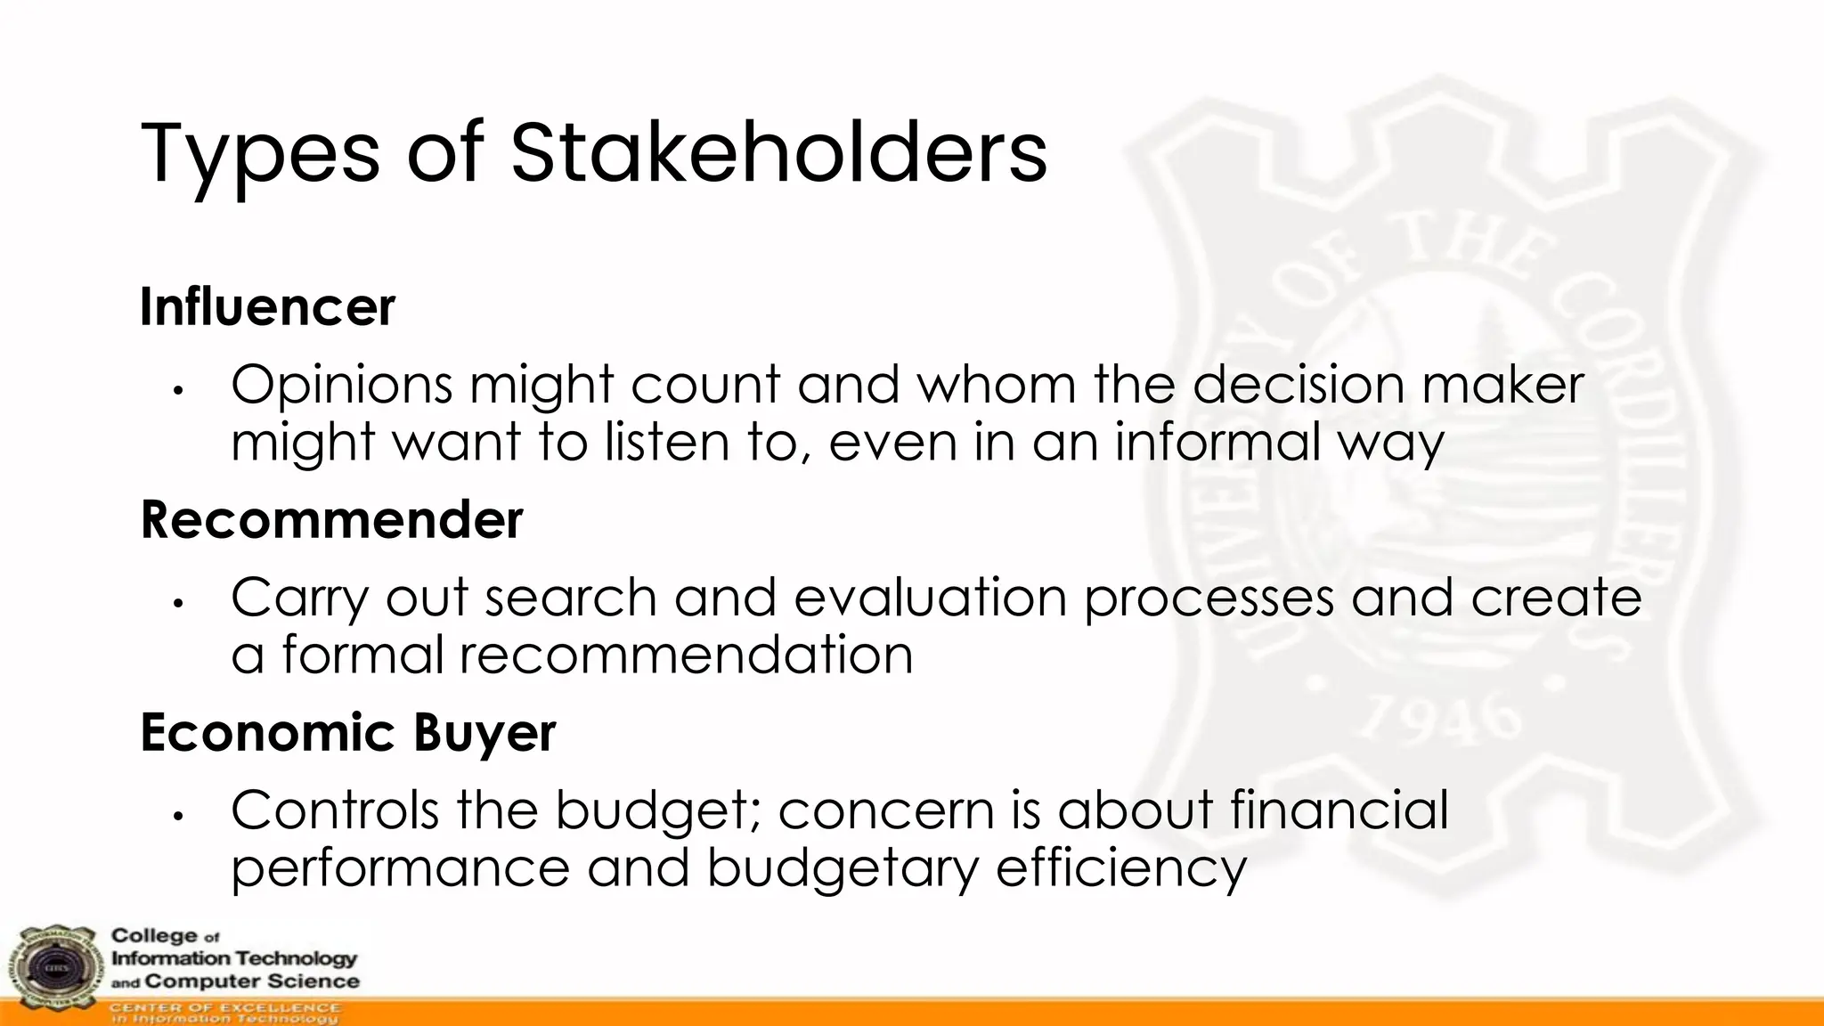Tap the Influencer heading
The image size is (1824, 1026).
pos(267,307)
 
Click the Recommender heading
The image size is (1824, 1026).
pos(331,520)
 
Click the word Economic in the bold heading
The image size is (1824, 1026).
pos(267,734)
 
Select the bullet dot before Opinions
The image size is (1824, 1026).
pos(178,390)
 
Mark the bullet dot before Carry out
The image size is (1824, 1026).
pos(178,603)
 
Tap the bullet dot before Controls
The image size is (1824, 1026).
pos(178,816)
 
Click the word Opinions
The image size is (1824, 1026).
pos(341,386)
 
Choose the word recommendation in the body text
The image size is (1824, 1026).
pos(686,655)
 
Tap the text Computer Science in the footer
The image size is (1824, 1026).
pos(252,981)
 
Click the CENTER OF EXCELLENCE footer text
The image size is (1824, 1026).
pos(224,1007)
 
